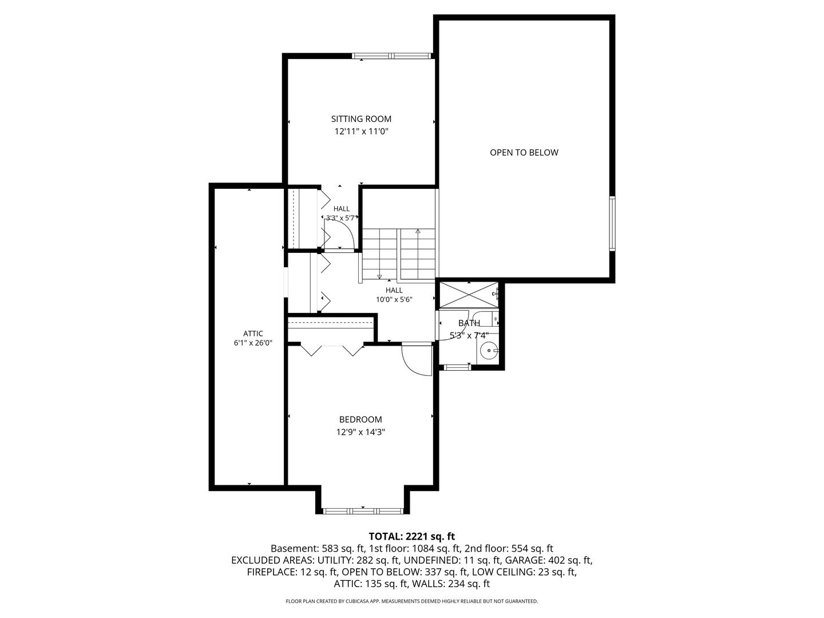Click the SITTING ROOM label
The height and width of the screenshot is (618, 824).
pyautogui.click(x=360, y=119)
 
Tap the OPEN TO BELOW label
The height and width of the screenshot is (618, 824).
pyautogui.click(x=524, y=152)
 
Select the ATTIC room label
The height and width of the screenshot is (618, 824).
pyautogui.click(x=253, y=333)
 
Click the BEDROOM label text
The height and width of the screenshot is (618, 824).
pyautogui.click(x=360, y=419)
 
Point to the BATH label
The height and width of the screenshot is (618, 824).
pyautogui.click(x=469, y=323)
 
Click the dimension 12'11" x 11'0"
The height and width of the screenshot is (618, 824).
pyautogui.click(x=360, y=132)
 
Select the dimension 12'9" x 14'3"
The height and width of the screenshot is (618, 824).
pyautogui.click(x=360, y=432)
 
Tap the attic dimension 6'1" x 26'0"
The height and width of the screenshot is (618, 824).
pyautogui.click(x=253, y=343)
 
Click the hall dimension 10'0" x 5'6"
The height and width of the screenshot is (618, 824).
pyautogui.click(x=394, y=299)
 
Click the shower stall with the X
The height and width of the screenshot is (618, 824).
pyautogui.click(x=469, y=295)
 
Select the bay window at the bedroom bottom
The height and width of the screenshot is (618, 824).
pyautogui.click(x=363, y=510)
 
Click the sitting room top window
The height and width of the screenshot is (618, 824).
pyautogui.click(x=391, y=56)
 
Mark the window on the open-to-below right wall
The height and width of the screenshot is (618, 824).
pyautogui.click(x=612, y=224)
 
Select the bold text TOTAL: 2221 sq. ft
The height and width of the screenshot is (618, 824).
pyautogui.click(x=411, y=536)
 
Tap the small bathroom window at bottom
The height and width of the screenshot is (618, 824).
pyautogui.click(x=457, y=367)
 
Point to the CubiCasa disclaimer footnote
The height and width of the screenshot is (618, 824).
pyautogui.click(x=412, y=601)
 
